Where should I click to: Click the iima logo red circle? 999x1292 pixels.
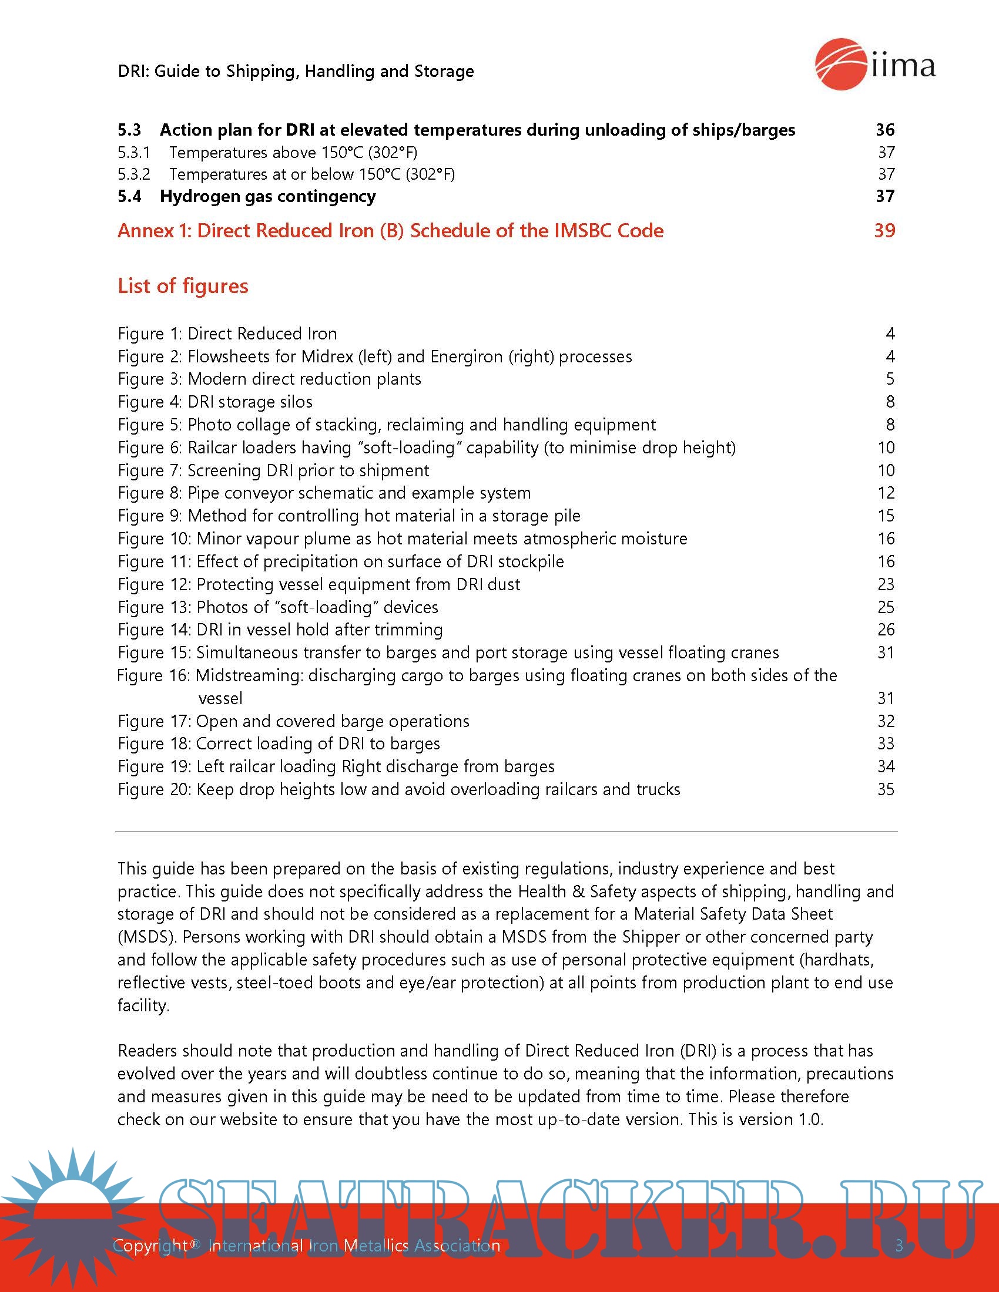(840, 64)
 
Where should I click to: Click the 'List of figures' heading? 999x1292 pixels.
(183, 287)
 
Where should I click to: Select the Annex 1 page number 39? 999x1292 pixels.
(884, 231)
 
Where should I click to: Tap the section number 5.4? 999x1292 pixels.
(130, 196)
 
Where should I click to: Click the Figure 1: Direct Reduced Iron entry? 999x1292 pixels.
(227, 334)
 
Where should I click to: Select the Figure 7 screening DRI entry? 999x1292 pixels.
(273, 470)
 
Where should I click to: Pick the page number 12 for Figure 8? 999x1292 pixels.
(886, 493)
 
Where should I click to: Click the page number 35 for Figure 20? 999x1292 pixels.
(886, 789)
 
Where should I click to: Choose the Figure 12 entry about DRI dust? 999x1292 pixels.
(319, 584)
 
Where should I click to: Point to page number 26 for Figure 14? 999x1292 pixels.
(886, 630)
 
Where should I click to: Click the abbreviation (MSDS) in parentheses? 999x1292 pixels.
(146, 937)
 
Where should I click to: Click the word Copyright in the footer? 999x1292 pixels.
(151, 1246)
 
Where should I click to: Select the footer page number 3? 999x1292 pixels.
(899, 1246)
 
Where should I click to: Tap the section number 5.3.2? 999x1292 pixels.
(134, 174)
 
